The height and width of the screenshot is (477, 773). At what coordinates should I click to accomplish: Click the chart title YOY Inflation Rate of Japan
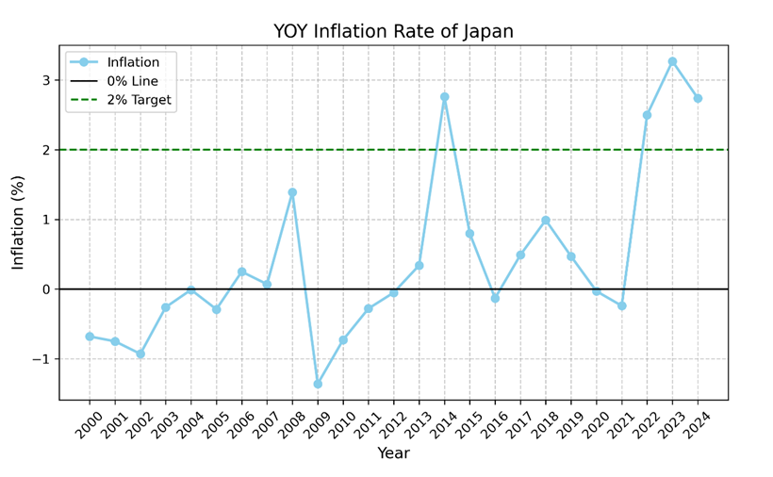click(393, 31)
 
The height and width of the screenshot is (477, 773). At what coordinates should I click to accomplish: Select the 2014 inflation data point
click(444, 97)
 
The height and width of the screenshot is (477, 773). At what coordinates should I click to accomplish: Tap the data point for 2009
click(318, 384)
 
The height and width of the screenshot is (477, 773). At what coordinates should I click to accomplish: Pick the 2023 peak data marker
click(672, 61)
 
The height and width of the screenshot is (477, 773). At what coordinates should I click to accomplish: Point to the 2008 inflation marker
click(292, 192)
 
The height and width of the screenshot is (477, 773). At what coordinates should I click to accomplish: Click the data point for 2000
click(90, 337)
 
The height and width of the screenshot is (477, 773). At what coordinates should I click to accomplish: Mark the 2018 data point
click(546, 221)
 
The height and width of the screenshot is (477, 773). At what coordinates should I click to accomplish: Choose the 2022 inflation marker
click(647, 115)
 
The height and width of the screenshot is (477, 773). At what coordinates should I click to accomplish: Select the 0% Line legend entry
click(132, 81)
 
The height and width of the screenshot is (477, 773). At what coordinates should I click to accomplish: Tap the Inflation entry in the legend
click(133, 62)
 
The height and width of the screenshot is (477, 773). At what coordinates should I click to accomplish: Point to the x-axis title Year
click(393, 453)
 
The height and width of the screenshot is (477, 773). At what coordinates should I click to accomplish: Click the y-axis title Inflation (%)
click(18, 222)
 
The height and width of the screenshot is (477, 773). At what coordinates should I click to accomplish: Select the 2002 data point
click(140, 354)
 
